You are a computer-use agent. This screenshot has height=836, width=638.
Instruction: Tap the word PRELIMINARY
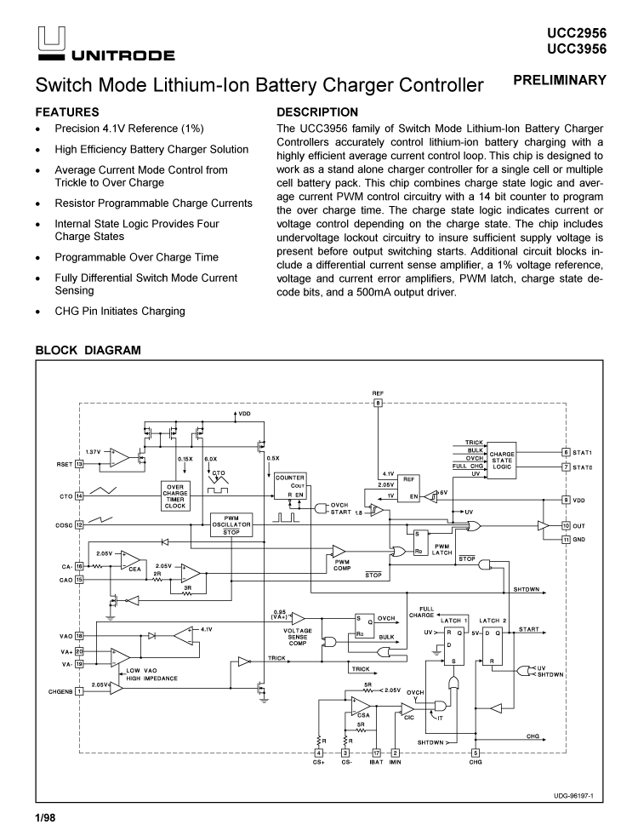[x=561, y=80]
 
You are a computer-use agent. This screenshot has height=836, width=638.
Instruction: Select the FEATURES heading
[x=67, y=112]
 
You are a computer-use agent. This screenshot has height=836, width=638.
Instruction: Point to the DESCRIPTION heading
[x=317, y=112]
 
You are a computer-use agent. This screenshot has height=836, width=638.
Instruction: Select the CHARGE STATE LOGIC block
[x=502, y=461]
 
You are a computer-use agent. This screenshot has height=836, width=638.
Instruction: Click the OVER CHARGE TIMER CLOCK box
[x=174, y=495]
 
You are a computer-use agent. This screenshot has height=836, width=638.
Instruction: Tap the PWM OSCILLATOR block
[x=231, y=524]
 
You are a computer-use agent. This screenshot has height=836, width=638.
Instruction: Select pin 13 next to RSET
[x=79, y=464]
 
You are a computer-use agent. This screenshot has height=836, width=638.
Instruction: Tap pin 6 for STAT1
[x=566, y=452]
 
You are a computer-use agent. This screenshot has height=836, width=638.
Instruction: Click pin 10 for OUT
[x=566, y=527]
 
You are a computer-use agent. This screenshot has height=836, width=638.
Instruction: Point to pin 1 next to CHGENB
[x=79, y=690]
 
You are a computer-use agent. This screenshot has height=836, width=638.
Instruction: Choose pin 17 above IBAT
[x=377, y=752]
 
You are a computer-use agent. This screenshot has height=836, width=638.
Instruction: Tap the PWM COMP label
[x=343, y=564]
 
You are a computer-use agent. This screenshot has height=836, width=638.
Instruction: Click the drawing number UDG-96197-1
[x=572, y=797]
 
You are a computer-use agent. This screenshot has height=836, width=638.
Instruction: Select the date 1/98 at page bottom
[x=45, y=820]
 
